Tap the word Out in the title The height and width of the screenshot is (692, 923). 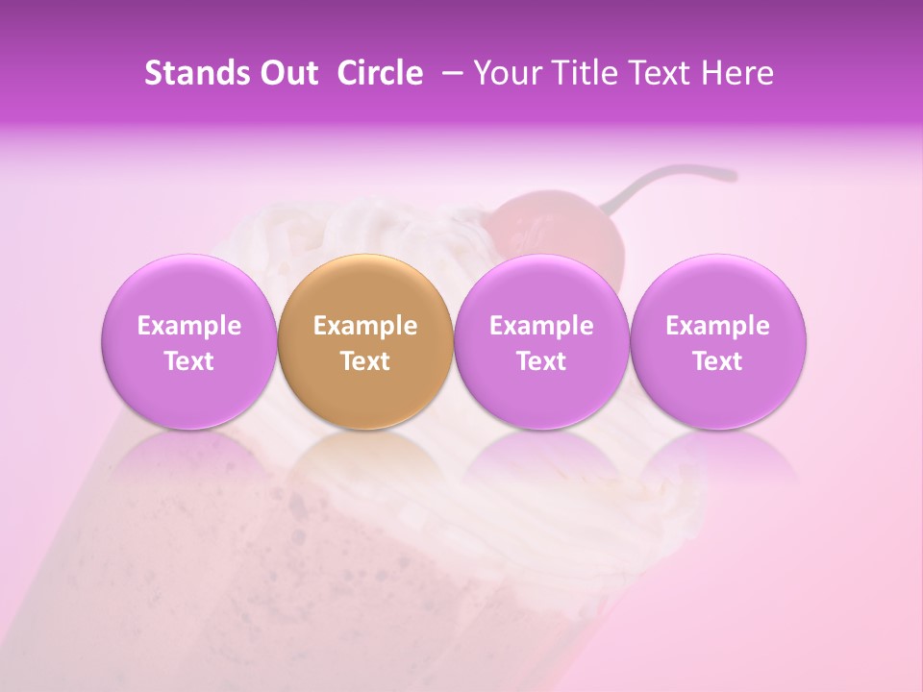point(287,73)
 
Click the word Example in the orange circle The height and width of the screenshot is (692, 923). point(365,326)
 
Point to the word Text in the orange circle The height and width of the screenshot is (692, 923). point(365,361)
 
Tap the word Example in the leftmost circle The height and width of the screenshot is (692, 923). point(188,326)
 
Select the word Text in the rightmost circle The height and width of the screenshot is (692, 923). point(718,361)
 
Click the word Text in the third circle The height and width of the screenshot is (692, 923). point(541,361)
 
